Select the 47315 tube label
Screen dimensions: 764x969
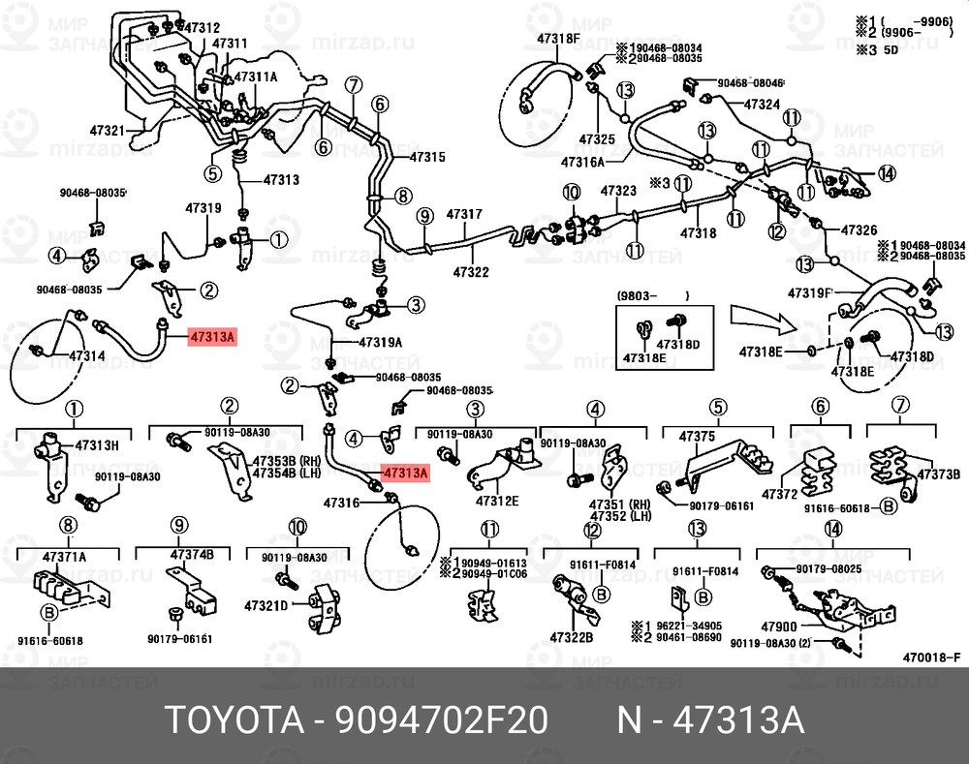coord(426,157)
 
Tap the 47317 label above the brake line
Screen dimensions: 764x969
coord(464,213)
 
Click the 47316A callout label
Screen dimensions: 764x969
coord(583,162)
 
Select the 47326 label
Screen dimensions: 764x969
coord(858,230)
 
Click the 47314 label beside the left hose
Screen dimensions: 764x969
coord(86,356)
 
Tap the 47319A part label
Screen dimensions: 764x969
coord(380,343)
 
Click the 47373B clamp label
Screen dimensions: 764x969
coord(938,474)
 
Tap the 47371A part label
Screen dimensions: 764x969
coord(64,556)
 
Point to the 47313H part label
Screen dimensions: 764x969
coord(98,445)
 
